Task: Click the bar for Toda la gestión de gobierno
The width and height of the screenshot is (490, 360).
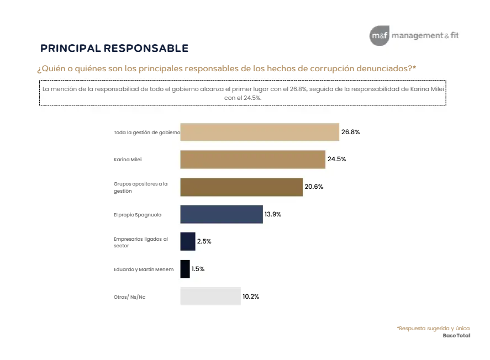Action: click(260, 133)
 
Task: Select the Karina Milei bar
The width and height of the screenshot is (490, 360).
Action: click(252, 160)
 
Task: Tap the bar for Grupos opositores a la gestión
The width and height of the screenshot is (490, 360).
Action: click(241, 187)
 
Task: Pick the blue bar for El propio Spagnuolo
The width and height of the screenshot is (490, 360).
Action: click(222, 214)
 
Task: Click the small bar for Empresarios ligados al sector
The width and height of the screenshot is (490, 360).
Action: click(188, 241)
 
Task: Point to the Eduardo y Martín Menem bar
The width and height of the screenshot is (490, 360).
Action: click(185, 269)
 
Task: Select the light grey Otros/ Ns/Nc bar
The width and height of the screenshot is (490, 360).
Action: click(210, 296)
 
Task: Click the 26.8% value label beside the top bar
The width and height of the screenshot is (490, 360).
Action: click(351, 133)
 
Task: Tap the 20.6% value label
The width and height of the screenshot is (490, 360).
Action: click(314, 187)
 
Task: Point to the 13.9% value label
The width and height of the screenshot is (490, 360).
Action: click(273, 214)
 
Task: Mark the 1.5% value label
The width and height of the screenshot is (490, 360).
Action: click(198, 269)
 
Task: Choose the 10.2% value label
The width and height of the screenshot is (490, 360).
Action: click(251, 297)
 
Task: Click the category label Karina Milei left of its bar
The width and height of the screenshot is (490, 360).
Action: click(124, 160)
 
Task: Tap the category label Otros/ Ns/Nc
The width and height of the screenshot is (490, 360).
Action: click(129, 297)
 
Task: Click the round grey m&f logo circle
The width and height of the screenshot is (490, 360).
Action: click(380, 36)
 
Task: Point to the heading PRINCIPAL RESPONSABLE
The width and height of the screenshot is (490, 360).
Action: click(114, 49)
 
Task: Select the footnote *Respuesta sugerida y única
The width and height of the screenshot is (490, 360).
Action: click(433, 328)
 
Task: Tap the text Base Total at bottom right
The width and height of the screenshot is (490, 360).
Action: click(456, 335)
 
